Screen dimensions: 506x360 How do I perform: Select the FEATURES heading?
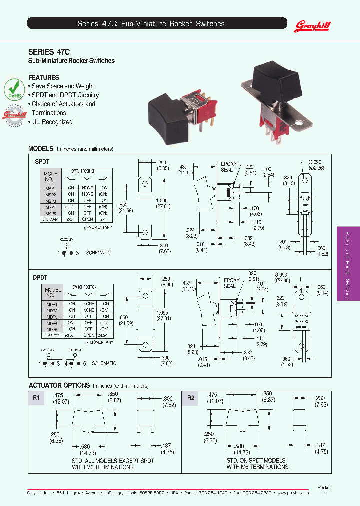44,77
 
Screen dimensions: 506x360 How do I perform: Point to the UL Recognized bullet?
52,122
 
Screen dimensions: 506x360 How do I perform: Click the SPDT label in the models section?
42,161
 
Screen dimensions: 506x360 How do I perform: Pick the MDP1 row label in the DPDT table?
52,304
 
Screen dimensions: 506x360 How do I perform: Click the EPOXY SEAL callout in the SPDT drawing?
227,166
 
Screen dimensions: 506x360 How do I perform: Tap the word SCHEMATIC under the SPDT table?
98,253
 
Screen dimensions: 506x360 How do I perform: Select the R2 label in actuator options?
190,398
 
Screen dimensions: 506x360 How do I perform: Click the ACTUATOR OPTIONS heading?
59,385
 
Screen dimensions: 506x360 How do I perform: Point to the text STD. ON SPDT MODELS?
256,460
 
